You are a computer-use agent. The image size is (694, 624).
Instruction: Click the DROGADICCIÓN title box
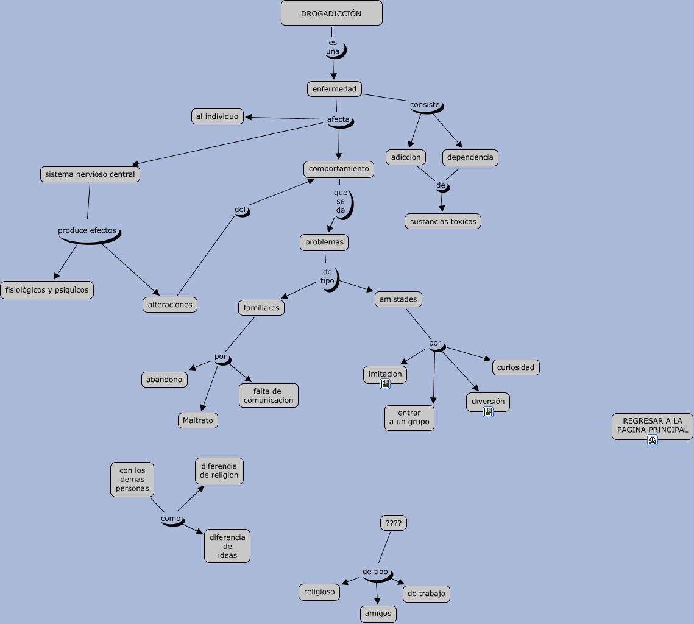click(x=331, y=13)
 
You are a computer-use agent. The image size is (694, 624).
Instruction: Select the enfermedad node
click(x=335, y=89)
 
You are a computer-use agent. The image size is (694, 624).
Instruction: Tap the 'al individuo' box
click(x=218, y=116)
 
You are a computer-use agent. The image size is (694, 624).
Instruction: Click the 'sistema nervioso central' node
click(x=90, y=174)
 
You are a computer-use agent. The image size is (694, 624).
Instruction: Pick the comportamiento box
click(x=339, y=169)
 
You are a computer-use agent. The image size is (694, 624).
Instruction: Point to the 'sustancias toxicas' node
click(x=443, y=221)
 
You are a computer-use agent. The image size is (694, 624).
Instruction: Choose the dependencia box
click(x=470, y=157)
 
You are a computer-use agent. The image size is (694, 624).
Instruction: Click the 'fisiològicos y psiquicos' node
click(x=47, y=290)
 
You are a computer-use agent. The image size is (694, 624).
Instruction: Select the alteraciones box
click(x=170, y=305)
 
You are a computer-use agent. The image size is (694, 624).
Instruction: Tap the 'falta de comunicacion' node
click(x=269, y=395)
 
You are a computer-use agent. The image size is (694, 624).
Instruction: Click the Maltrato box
click(x=198, y=420)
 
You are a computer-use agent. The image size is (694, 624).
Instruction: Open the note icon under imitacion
click(x=385, y=384)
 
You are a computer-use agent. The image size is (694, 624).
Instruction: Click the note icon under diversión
click(x=488, y=412)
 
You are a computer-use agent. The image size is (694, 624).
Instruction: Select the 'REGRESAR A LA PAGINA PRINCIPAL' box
click(x=653, y=425)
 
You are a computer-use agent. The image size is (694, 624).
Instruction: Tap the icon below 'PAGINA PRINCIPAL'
click(x=653, y=440)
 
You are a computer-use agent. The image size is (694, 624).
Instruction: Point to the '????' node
click(x=394, y=523)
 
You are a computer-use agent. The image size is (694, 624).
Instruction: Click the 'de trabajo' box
click(x=427, y=594)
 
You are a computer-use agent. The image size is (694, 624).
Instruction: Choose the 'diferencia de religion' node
click(x=219, y=471)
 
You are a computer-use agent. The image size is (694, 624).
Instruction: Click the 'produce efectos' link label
click(x=87, y=230)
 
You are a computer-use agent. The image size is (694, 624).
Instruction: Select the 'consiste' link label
click(x=425, y=105)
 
